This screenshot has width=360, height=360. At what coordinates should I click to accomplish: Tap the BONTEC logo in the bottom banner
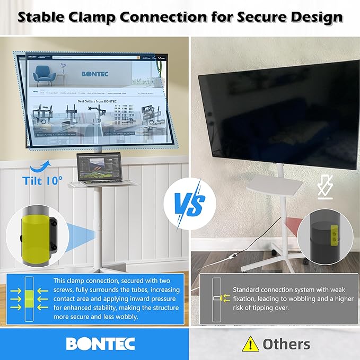click(100, 343)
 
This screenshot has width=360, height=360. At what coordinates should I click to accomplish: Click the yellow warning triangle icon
click(250, 344)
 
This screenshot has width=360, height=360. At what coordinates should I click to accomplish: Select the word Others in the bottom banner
click(286, 344)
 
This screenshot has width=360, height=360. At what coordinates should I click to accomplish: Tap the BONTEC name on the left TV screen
click(95, 74)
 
